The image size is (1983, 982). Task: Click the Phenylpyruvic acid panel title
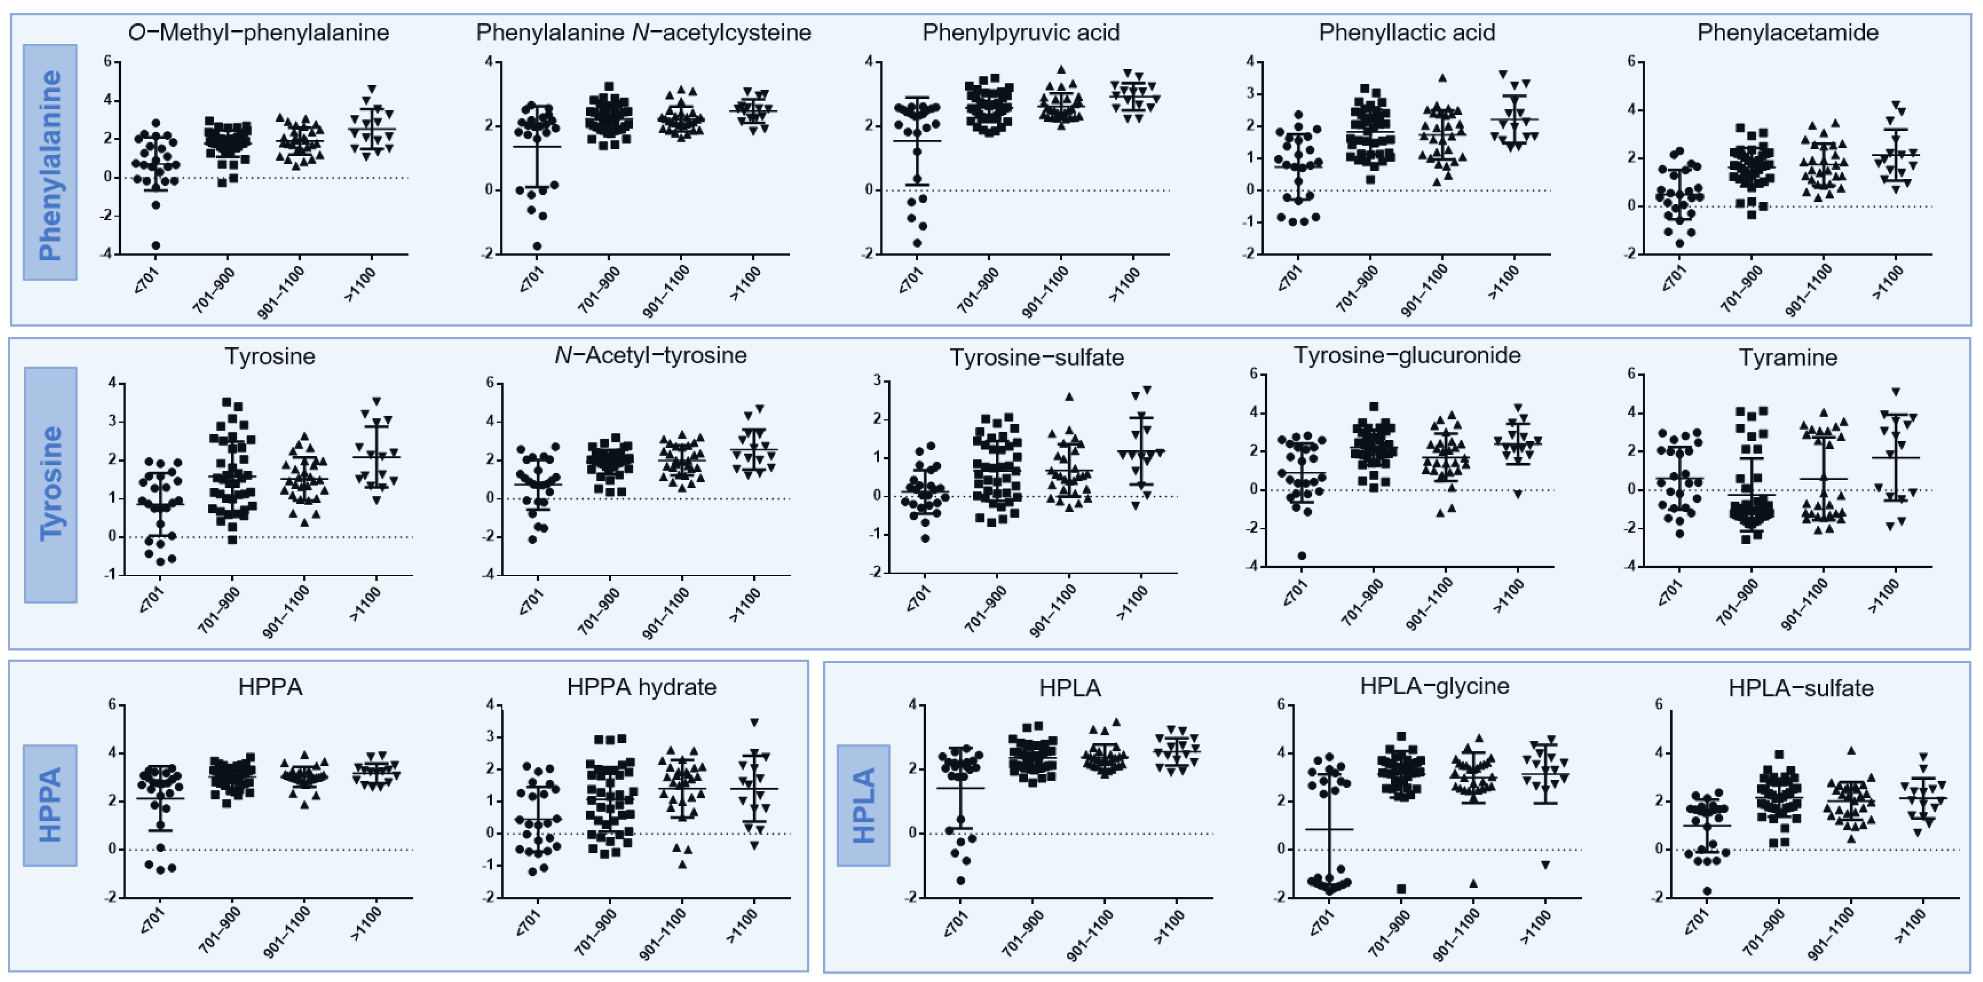point(1021,33)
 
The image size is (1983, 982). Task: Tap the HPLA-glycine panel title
point(1434,685)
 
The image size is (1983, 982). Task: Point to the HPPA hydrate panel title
point(641,687)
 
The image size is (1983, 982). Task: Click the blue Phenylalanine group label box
point(50,162)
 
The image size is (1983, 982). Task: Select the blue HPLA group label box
point(864,805)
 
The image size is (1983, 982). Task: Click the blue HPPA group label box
point(50,805)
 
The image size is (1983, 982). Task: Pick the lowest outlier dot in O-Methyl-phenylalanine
point(156,245)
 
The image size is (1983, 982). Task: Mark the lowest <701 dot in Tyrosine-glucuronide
point(1302,556)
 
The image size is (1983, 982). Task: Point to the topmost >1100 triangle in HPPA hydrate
point(755,723)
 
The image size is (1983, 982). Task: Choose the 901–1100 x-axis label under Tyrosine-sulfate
point(1052,610)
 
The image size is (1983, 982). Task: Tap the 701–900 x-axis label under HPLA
point(1023,932)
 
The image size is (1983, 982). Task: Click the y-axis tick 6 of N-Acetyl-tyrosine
point(489,383)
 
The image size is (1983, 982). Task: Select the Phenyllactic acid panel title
point(1407,33)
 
